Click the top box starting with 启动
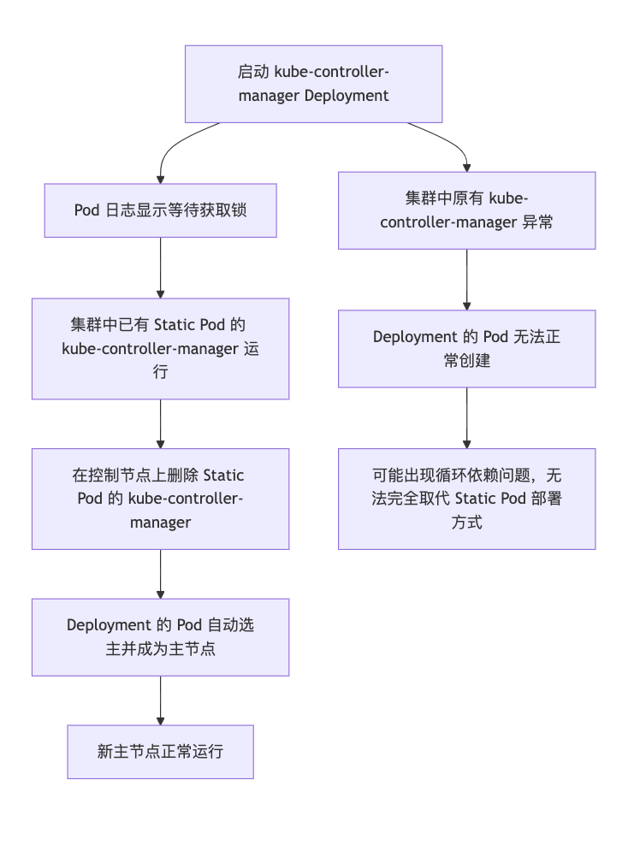pyautogui.click(x=313, y=84)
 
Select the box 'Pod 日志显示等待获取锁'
pyautogui.click(x=160, y=210)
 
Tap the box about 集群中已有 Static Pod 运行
pyautogui.click(x=160, y=348)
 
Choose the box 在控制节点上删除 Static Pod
pyautogui.click(x=160, y=499)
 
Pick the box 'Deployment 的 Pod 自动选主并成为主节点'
pyautogui.click(x=160, y=636)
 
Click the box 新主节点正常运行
pyautogui.click(x=160, y=752)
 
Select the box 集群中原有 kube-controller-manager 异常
pyautogui.click(x=466, y=210)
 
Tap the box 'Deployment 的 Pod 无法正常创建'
pyautogui.click(x=466, y=348)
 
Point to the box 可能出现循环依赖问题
pyautogui.click(x=466, y=499)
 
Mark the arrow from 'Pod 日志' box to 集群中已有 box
pyautogui.click(x=160, y=267)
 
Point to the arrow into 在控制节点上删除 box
pyautogui.click(x=160, y=423)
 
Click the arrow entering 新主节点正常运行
pyautogui.click(x=160, y=700)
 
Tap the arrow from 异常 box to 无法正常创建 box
pyautogui.click(x=466, y=280)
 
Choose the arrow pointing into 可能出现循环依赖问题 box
pyautogui.click(x=466, y=417)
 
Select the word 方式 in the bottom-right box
pyautogui.click(x=466, y=522)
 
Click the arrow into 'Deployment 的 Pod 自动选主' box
pyautogui.click(x=160, y=574)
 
